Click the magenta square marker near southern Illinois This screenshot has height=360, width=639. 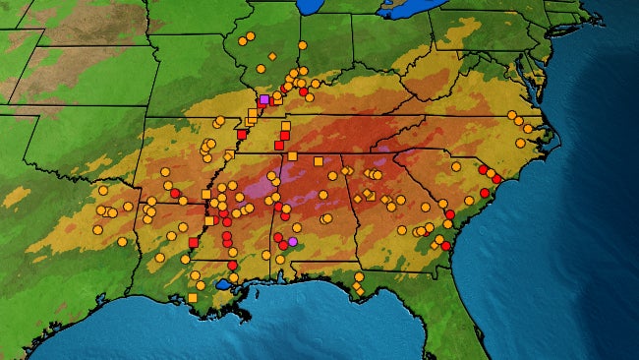[263, 99]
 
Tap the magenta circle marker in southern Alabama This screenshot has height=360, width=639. [293, 241]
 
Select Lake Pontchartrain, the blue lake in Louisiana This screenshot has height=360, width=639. [223, 284]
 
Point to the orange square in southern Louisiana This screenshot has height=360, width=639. [193, 297]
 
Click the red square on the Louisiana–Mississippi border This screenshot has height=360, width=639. [194, 242]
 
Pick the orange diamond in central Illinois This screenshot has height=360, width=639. [272, 56]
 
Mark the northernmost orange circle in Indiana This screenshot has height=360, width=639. [302, 44]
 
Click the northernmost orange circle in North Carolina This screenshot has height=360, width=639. [512, 116]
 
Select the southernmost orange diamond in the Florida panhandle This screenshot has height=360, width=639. [360, 291]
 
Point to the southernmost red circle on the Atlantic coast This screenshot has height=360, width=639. [445, 246]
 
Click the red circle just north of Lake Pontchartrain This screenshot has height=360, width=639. [232, 265]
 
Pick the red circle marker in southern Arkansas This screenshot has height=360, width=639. [175, 193]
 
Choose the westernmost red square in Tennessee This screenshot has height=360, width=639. [242, 135]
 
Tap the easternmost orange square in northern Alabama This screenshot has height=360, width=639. [319, 160]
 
